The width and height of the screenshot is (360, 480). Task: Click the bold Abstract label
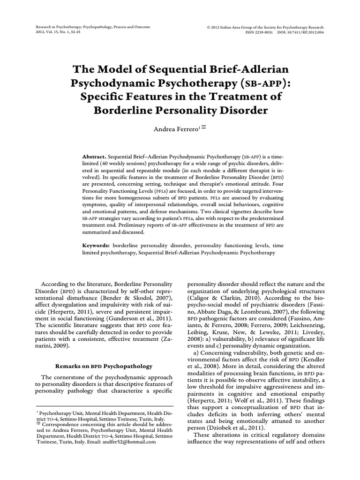pos(94,156)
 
